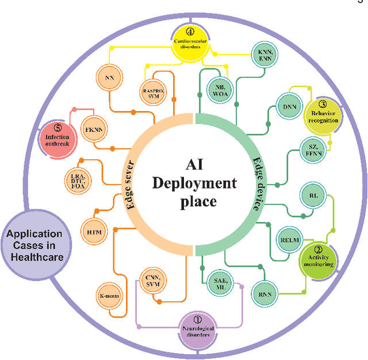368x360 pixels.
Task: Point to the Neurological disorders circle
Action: (197, 330)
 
